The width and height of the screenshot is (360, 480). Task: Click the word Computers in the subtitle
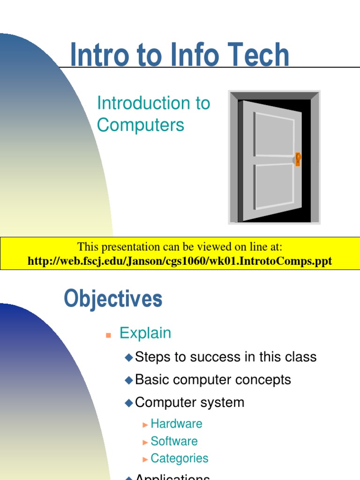(x=141, y=125)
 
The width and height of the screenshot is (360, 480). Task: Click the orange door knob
(x=298, y=159)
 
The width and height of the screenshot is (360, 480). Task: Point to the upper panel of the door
(x=274, y=135)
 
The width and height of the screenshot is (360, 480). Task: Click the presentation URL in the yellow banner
(x=180, y=261)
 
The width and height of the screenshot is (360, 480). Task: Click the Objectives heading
(x=113, y=299)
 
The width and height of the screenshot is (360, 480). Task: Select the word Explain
(x=145, y=333)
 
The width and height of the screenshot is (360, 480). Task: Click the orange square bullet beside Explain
(x=108, y=335)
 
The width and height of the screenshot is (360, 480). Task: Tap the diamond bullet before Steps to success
(x=129, y=358)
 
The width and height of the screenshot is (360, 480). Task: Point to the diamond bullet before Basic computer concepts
(x=129, y=380)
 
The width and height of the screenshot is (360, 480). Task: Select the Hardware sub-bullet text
(x=176, y=424)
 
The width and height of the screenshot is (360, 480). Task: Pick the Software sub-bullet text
(x=174, y=441)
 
